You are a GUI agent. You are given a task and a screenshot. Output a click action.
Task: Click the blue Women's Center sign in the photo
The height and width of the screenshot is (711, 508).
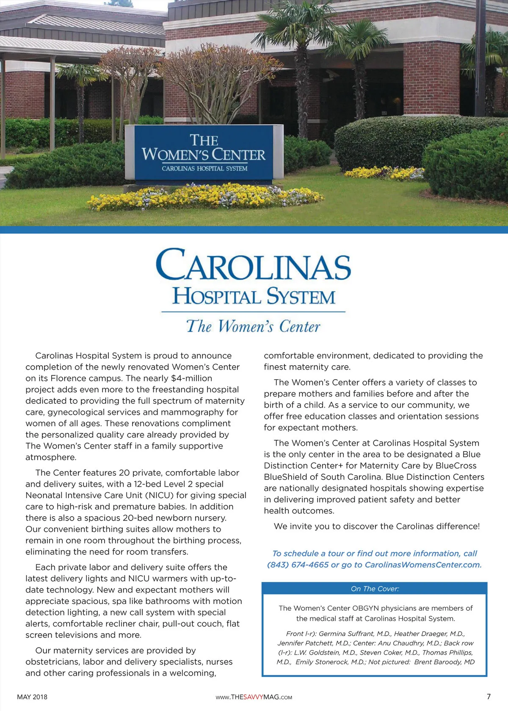click(x=204, y=152)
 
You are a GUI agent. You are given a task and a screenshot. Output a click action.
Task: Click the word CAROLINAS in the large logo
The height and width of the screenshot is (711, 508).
click(x=253, y=265)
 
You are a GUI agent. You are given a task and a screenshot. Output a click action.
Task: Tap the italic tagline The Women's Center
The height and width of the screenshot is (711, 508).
click(x=253, y=326)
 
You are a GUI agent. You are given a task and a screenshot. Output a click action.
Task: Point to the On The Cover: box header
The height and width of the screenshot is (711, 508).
click(x=375, y=589)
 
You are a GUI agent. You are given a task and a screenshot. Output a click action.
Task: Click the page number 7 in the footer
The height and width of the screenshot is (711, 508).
click(x=489, y=696)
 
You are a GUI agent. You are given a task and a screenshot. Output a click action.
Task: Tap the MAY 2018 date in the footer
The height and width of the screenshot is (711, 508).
click(x=32, y=697)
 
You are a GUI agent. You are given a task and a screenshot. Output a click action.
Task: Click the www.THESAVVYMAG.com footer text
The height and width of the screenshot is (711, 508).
click(x=254, y=697)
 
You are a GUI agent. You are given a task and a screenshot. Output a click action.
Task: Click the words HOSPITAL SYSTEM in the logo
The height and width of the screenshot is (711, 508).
click(x=254, y=297)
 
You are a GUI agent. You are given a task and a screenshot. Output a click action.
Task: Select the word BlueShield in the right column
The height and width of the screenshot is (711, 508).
click(x=286, y=477)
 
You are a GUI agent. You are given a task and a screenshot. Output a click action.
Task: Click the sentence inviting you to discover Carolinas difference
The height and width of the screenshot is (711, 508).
click(x=377, y=526)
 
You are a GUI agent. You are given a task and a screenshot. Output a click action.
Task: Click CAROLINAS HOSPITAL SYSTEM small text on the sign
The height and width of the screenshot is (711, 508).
click(x=204, y=168)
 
